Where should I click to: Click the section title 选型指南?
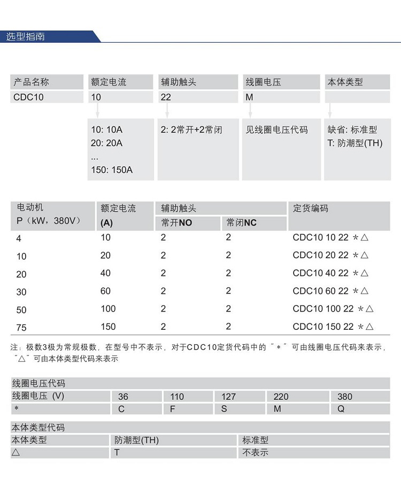click(25, 37)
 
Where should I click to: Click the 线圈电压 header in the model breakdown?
click(264, 82)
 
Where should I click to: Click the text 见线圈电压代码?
click(276, 130)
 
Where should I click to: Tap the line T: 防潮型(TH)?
click(354, 143)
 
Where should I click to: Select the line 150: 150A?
click(112, 170)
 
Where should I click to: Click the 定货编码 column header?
click(311, 208)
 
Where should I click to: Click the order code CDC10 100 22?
click(323, 309)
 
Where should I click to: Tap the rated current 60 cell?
click(105, 291)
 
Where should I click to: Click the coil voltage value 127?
click(228, 397)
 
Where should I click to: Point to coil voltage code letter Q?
click(341, 408)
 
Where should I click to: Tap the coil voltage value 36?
click(123, 397)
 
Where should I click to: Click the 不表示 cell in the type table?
click(255, 452)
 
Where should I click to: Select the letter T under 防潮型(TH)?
click(117, 452)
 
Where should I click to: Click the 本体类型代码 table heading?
click(38, 428)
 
